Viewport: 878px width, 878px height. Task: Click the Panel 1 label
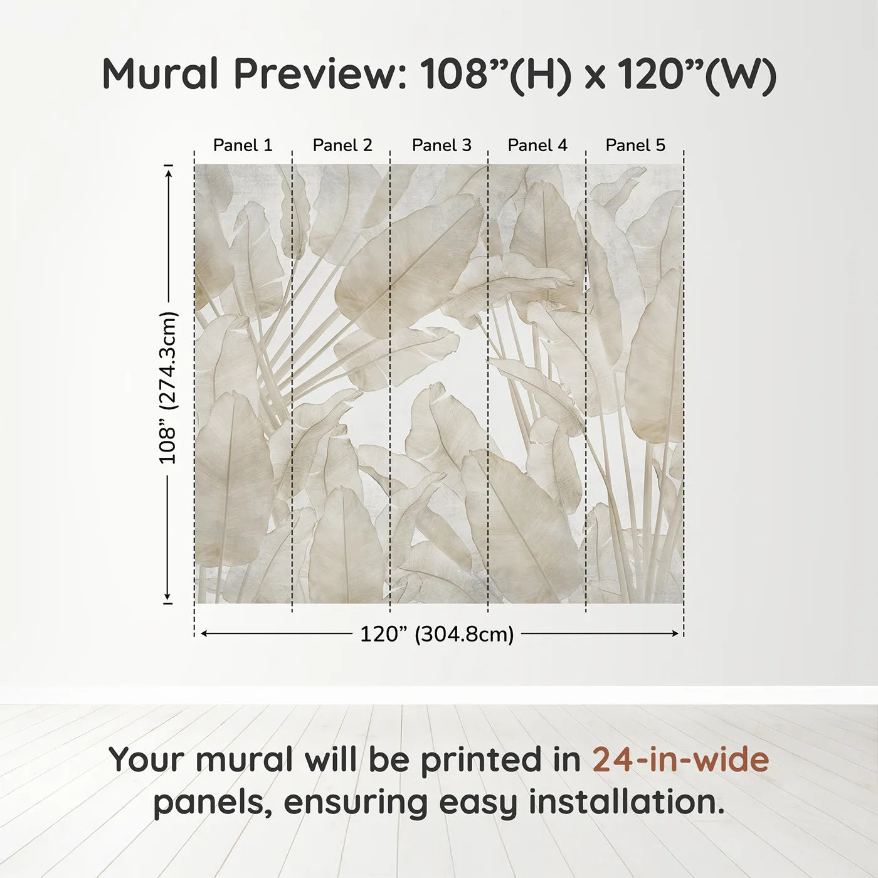243,145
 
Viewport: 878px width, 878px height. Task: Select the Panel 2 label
342,145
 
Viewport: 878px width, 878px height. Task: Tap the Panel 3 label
442,145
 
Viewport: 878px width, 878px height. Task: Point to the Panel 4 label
537,145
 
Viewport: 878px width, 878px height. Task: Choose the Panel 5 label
635,145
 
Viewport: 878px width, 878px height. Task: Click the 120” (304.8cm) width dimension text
437,634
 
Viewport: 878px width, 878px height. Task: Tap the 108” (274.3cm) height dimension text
168,388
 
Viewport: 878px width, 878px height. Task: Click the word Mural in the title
161,74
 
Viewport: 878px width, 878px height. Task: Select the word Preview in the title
320,74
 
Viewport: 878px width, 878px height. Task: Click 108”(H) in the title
496,74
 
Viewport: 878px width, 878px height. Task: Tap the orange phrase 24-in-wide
680,759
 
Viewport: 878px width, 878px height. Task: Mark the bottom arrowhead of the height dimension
168,596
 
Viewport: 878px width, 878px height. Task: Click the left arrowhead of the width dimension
204,634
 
